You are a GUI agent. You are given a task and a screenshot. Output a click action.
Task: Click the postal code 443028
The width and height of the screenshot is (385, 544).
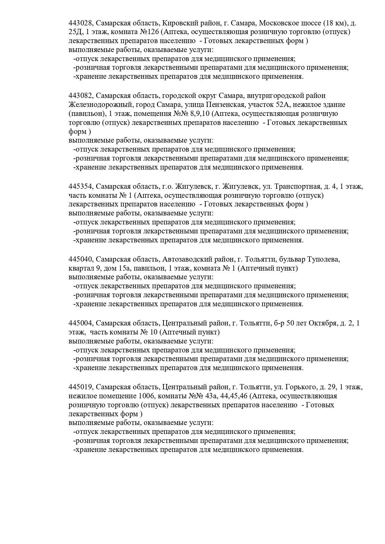click(x=80, y=23)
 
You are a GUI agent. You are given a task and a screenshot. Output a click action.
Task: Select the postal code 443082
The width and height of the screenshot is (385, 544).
click(x=80, y=95)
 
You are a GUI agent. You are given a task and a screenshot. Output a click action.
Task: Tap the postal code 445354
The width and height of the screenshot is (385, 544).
click(x=80, y=186)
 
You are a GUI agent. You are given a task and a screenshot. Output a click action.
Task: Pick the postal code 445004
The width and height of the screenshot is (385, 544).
click(x=80, y=323)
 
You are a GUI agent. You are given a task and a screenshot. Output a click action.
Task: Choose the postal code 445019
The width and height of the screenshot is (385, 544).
click(x=80, y=387)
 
